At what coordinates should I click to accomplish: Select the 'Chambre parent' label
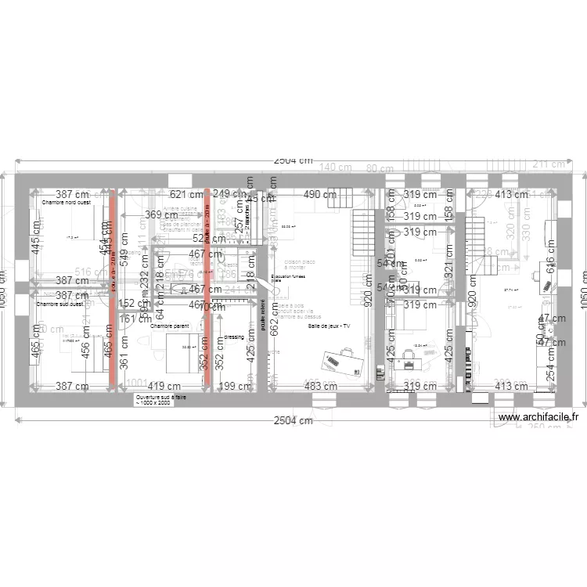coord(170,326)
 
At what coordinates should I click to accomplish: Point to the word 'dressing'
coord(234,337)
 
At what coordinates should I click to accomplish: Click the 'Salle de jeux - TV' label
coord(330,326)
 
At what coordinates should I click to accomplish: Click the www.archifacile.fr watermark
coord(538,418)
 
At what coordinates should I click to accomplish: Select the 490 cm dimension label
coord(320,194)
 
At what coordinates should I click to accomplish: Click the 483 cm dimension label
coord(320,386)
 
